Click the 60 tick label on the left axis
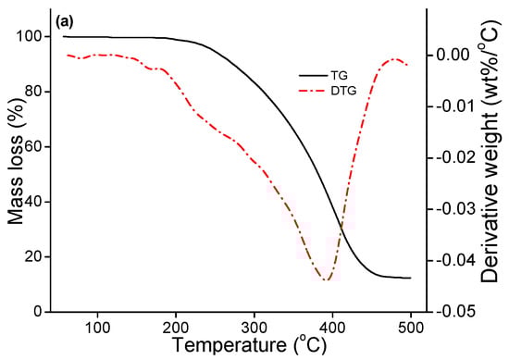pos(35,146)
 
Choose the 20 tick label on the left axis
pos(35,256)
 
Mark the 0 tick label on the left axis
pos(39,312)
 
